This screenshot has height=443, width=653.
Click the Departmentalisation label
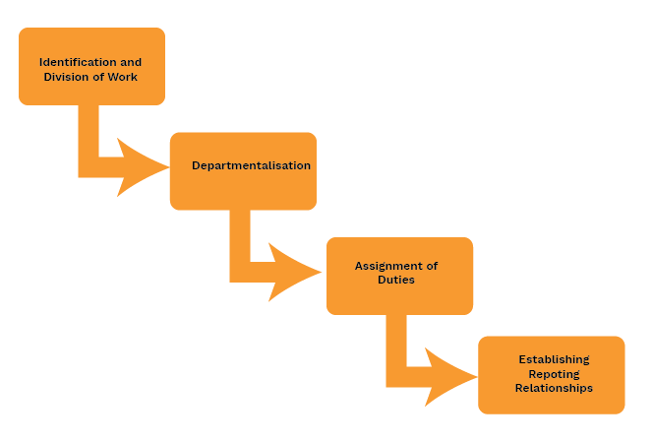[251, 165]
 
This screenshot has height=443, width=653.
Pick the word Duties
[396, 280]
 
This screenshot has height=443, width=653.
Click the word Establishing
[554, 359]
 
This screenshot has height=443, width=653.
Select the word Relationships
[554, 388]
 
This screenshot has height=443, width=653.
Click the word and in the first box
[131, 62]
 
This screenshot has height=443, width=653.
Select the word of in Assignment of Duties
[431, 266]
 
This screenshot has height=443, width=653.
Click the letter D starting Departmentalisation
[196, 165]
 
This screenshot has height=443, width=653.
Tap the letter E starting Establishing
[522, 359]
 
